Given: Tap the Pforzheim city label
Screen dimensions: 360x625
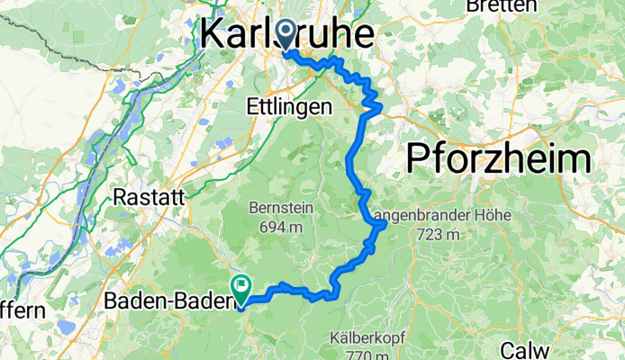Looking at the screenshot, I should [x=499, y=158].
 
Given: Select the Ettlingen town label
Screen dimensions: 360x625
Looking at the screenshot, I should [x=288, y=106].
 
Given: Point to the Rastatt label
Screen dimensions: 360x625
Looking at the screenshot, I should [x=149, y=196].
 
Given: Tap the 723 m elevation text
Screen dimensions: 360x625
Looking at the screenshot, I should [x=439, y=236].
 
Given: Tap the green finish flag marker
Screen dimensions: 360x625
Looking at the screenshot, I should [x=241, y=288].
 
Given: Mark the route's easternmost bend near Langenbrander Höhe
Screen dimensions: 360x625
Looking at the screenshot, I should [x=385, y=223].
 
